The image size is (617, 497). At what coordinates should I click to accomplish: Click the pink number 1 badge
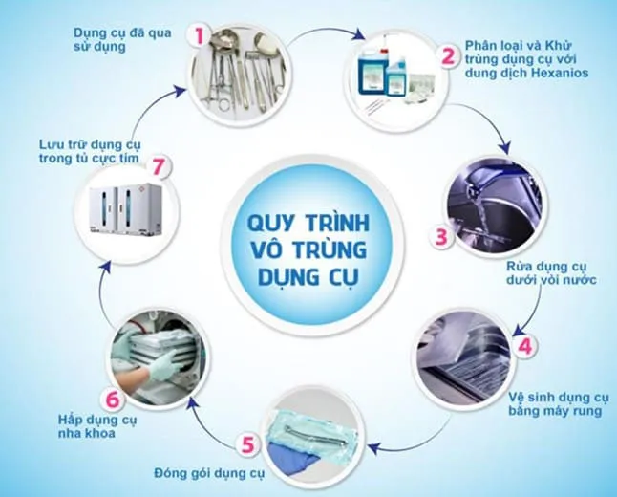click(200, 36)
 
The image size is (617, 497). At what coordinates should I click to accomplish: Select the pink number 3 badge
click(441, 236)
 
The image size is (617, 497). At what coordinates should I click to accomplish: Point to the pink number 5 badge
click(247, 444)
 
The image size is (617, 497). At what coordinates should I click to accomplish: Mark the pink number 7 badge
click(160, 168)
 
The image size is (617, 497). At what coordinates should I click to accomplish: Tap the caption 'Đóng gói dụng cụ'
click(206, 472)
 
